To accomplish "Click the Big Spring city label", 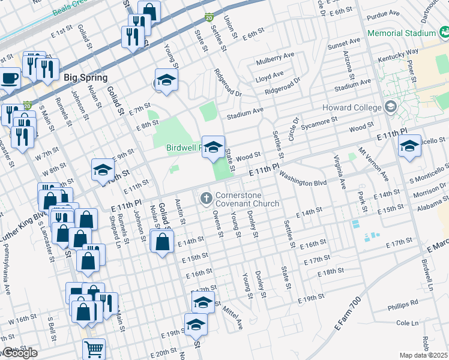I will tap(84, 78).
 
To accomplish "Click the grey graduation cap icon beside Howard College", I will tap(391, 108).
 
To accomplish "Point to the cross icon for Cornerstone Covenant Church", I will tap(205, 197).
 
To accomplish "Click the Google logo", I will tap(19, 353).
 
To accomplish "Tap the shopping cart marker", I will tap(94, 348).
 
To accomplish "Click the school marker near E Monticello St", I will tap(409, 146).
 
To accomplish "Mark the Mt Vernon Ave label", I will tap(373, 163).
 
